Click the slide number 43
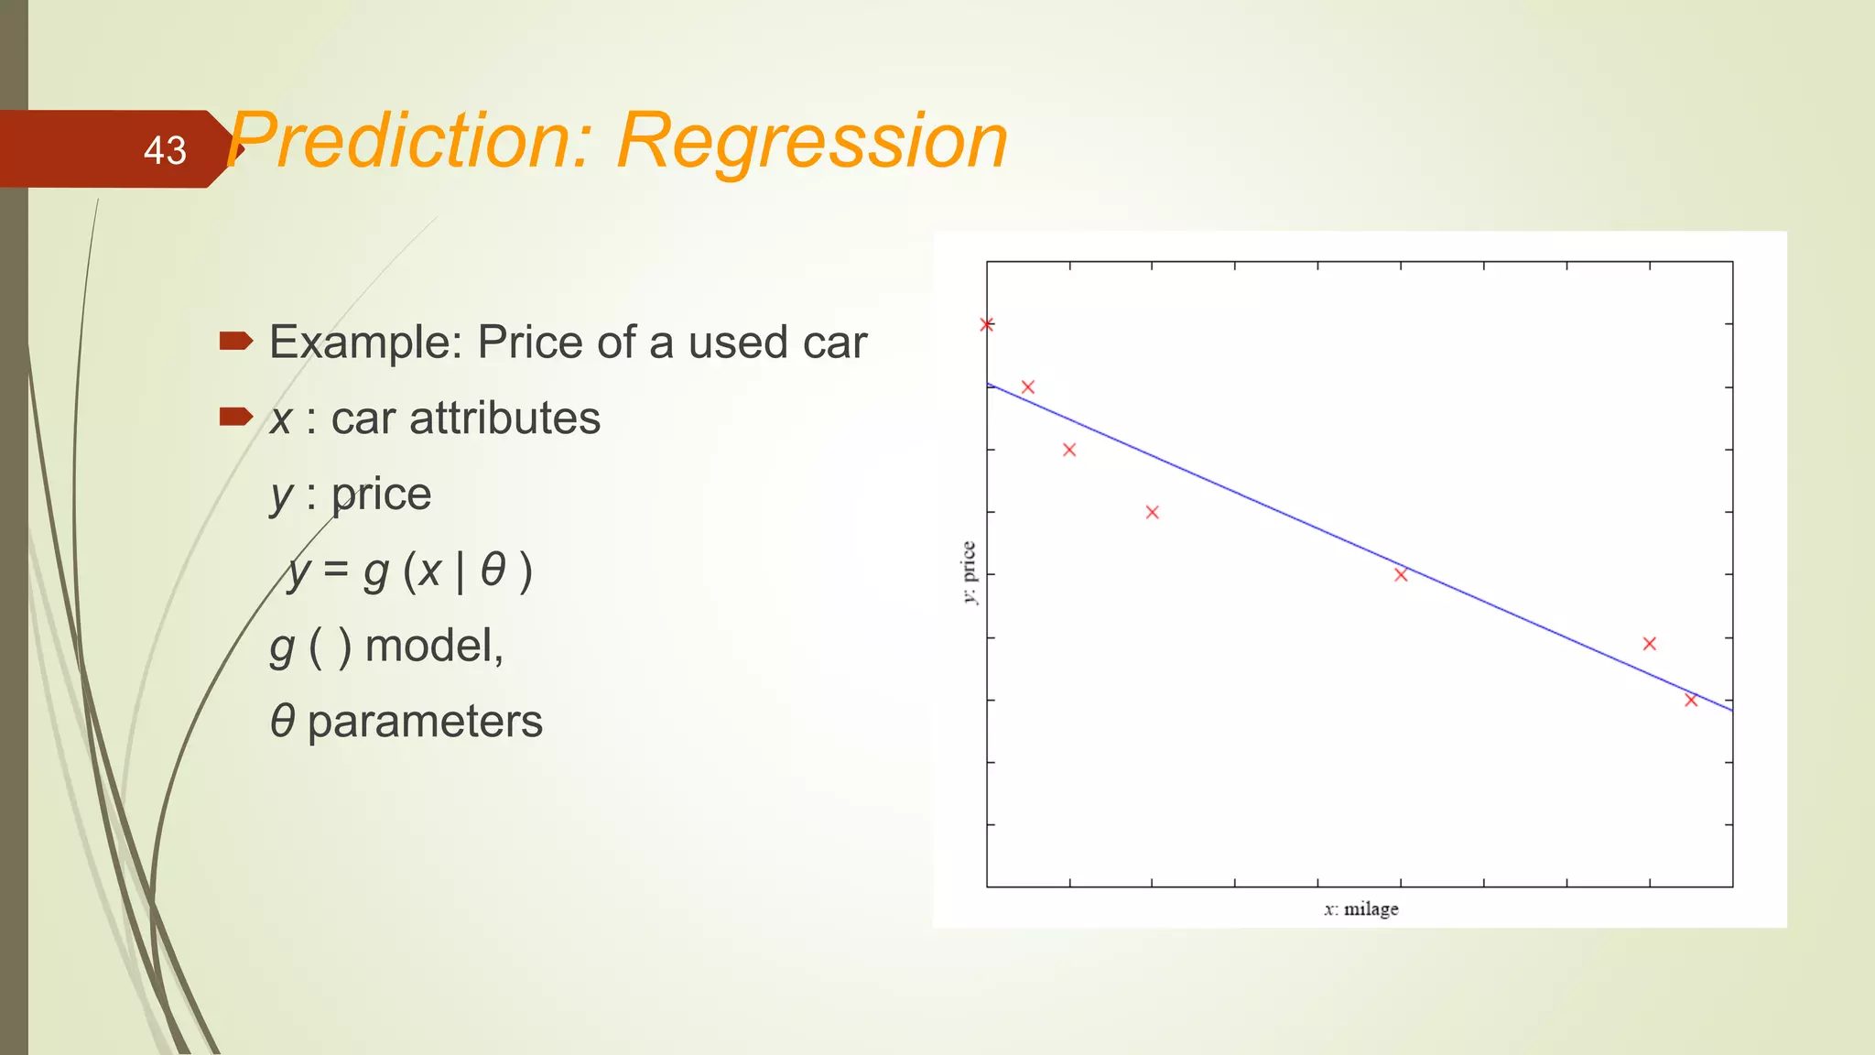tap(165, 150)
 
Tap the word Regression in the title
tap(812, 141)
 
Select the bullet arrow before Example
tap(235, 342)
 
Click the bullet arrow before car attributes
tap(235, 418)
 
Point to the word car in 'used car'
tap(834, 343)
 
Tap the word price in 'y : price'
tap(381, 495)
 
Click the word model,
tap(434, 646)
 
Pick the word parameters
tap(425, 722)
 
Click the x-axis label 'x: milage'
tap(1360, 908)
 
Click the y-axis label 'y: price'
tap(969, 572)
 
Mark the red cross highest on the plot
tap(987, 324)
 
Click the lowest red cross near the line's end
tap(1691, 700)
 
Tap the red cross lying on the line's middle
tap(1401, 574)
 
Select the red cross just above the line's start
tap(1027, 387)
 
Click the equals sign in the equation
tap(336, 571)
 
